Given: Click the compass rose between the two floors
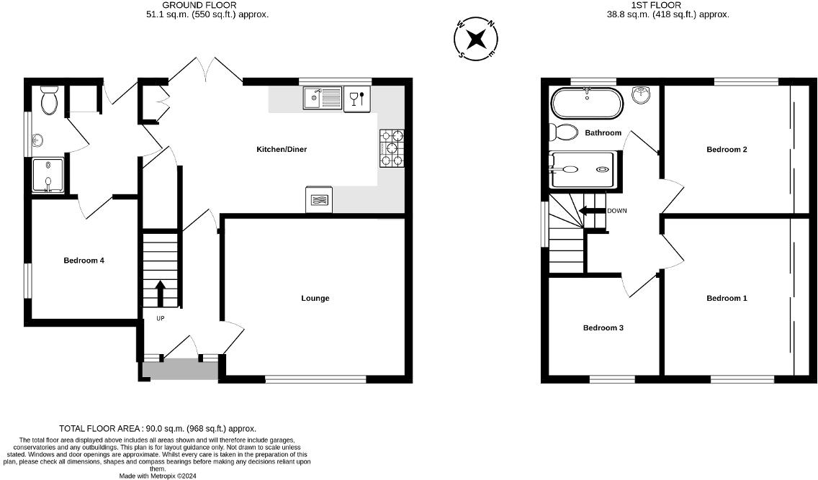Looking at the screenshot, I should tap(476, 38).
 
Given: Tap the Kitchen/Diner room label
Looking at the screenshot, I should tap(282, 150).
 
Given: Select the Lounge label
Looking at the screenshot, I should tap(315, 299).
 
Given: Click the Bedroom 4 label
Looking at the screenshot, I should tap(84, 261).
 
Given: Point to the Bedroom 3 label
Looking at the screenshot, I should tap(603, 328).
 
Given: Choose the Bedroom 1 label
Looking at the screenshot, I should tap(727, 299).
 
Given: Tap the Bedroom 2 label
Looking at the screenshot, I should tap(727, 150).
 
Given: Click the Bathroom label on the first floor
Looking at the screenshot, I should tap(603, 133).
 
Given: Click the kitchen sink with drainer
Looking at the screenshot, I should tap(322, 99).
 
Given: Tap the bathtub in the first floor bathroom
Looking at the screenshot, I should tap(586, 103).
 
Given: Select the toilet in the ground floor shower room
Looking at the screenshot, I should tap(50, 101).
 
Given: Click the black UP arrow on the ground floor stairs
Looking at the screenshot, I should tap(160, 294).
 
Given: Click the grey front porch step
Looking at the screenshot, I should tap(180, 370).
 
